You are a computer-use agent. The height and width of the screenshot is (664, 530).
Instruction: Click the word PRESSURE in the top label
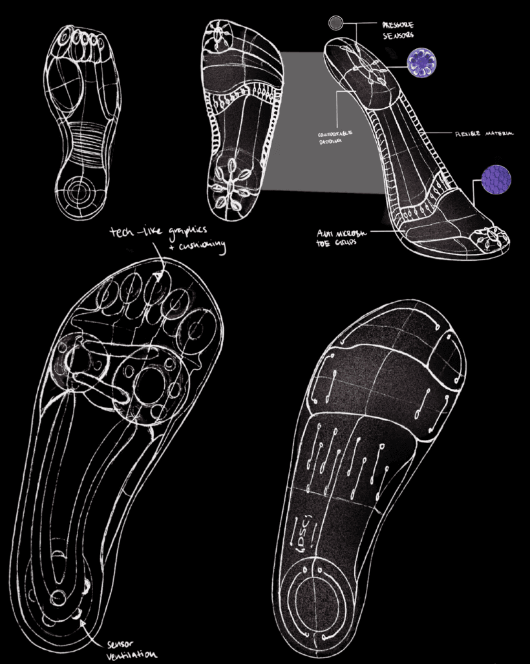397,24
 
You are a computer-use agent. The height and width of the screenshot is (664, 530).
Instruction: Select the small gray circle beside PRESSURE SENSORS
335,24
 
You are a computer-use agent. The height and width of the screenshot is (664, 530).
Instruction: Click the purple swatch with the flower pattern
421,62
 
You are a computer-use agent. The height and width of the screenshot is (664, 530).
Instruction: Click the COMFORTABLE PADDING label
334,138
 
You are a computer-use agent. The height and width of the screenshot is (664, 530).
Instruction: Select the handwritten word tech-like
129,233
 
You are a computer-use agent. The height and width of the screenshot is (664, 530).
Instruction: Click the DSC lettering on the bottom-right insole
298,533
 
